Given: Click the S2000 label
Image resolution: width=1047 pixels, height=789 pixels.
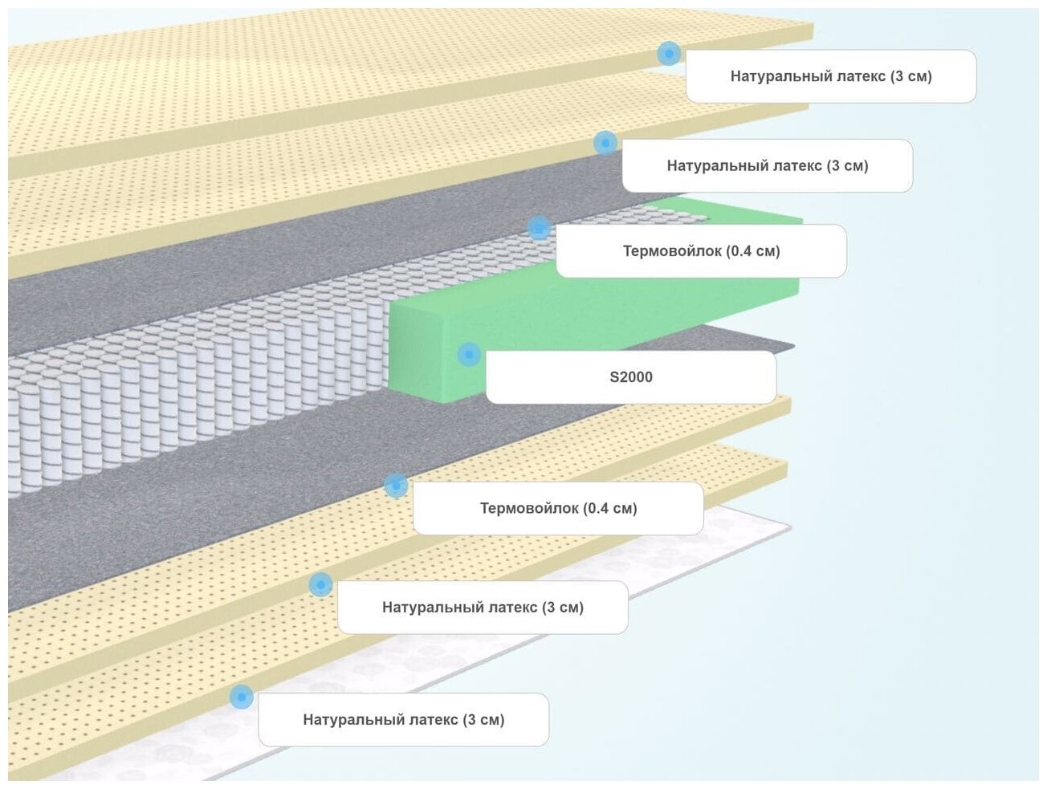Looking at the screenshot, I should [x=631, y=377].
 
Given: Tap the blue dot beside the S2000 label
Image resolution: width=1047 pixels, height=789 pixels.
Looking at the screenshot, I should [x=469, y=354].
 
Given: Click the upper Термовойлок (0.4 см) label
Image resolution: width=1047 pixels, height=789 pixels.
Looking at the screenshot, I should [x=701, y=251].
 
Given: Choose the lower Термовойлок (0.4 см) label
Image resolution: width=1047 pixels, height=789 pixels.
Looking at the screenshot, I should [x=558, y=508].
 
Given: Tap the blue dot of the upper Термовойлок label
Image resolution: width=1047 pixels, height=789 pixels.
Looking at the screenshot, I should [x=540, y=227].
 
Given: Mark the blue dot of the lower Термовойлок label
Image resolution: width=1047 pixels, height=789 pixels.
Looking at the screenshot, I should [x=396, y=485].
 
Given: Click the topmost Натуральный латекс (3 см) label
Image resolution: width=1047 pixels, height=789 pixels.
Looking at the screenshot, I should [x=831, y=76].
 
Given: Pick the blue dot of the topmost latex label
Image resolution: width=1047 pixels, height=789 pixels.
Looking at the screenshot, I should [x=669, y=54].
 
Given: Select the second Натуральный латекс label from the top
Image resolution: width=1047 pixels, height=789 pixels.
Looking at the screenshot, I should [x=768, y=166].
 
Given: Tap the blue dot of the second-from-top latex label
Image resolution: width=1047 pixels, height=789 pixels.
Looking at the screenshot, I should [x=605, y=143].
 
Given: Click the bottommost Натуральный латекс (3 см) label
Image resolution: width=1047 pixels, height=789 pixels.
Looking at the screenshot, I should [x=403, y=720].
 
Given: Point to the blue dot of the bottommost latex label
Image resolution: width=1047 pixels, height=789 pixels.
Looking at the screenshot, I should [x=241, y=697].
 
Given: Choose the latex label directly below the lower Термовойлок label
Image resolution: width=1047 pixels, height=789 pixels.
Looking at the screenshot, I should [x=483, y=608].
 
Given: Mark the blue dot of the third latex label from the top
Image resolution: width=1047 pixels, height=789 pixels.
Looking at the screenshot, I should [x=320, y=584].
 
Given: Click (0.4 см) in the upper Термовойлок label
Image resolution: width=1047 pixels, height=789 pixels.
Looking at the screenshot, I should [x=753, y=251].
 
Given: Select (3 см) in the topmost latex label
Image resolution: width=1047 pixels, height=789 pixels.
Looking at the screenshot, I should [x=911, y=76].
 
